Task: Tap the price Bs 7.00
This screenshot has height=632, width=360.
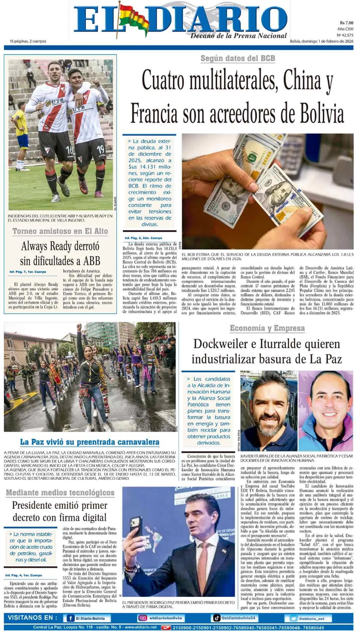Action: [x=346, y=23]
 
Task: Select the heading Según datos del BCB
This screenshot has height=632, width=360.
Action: [x=237, y=58]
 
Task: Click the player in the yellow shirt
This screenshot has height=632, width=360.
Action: [x=21, y=134]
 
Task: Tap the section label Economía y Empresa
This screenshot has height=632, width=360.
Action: [x=267, y=328]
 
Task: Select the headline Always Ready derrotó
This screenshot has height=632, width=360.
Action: [x=60, y=246]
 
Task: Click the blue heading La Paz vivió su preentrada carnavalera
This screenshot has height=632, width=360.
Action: [x=90, y=442]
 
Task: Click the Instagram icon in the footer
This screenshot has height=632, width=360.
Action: [x=142, y=618]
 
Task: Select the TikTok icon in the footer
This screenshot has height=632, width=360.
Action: [x=217, y=618]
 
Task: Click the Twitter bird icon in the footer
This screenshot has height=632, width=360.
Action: [x=293, y=619]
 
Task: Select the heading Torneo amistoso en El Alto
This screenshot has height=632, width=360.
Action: [x=60, y=231]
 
